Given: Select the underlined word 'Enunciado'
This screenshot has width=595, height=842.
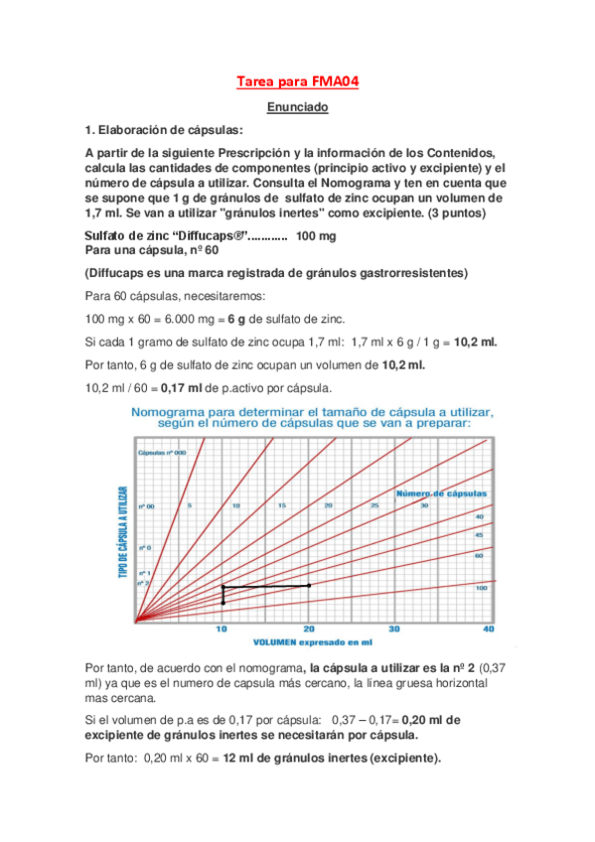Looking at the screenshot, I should tap(297, 107).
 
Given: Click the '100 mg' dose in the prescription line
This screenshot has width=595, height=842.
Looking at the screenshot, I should tap(316, 236).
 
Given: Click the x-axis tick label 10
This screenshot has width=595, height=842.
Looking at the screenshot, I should tap(222, 629).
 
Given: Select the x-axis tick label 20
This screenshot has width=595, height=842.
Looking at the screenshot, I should tap(309, 629).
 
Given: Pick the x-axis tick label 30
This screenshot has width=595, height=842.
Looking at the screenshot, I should tap(394, 629).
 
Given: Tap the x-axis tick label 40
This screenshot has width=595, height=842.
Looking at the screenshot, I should tap(487, 629).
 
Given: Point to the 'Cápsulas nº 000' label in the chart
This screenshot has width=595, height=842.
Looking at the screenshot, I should tap(160, 452).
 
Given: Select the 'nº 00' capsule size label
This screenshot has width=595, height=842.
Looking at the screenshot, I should tap(145, 506).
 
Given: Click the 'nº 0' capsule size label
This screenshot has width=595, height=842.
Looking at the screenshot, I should tap(144, 547).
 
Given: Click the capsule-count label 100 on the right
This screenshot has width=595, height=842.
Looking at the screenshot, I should tap(482, 589).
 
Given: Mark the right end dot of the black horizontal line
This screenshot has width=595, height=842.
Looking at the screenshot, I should tap(309, 586).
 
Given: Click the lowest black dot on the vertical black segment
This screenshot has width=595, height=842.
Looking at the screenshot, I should tap(223, 603).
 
